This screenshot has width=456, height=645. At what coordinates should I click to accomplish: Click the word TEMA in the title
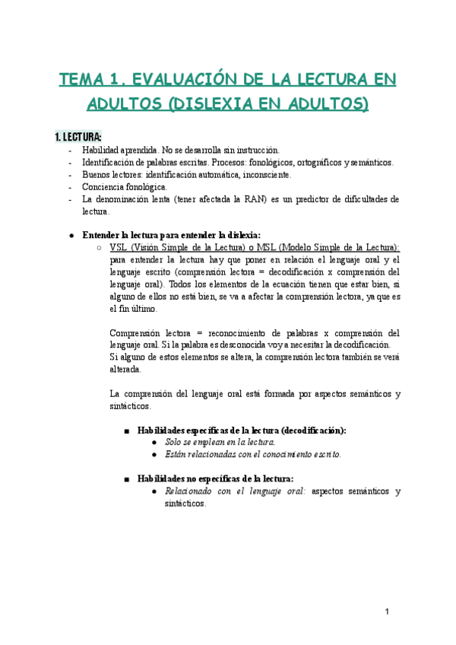coord(81,80)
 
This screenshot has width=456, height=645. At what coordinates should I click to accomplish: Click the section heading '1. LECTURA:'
coord(78,137)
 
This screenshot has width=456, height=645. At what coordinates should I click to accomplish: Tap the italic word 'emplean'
coord(199,441)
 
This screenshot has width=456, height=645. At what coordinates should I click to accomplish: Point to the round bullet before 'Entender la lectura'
coord(71,236)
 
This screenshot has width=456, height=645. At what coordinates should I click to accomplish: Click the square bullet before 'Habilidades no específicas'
coord(126,479)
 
